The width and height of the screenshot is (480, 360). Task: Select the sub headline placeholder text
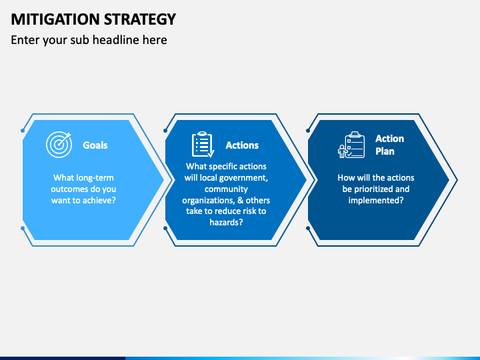click(x=89, y=40)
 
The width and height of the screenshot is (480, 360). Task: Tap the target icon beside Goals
click(x=59, y=145)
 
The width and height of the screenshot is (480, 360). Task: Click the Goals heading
click(x=95, y=145)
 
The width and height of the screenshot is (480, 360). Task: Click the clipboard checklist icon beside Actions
click(x=203, y=145)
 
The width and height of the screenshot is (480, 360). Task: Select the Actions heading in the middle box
click(x=242, y=145)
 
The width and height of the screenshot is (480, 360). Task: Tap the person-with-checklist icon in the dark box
click(x=351, y=145)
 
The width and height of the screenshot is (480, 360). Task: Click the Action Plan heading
click(x=389, y=145)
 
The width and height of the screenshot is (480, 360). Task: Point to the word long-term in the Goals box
click(x=95, y=177)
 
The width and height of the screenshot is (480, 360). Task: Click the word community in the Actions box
click(x=227, y=189)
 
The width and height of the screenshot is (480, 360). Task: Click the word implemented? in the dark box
click(x=375, y=200)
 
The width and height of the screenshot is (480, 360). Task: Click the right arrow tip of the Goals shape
click(x=163, y=179)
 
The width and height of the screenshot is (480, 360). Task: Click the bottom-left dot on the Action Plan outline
click(x=308, y=228)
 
